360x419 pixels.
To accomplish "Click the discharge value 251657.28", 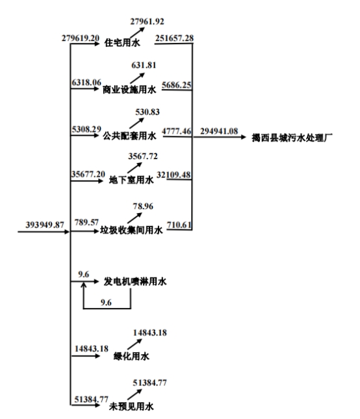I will (174, 38).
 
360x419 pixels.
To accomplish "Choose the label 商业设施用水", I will (129, 90).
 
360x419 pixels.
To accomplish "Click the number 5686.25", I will (177, 85).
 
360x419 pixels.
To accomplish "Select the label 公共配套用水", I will (129, 136).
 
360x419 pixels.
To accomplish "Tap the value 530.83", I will (148, 112).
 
